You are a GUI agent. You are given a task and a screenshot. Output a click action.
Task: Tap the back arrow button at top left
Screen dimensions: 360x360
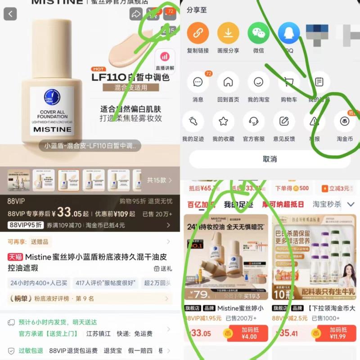[x=10, y=14]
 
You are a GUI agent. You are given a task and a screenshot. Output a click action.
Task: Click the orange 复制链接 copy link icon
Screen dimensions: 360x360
[x=198, y=33]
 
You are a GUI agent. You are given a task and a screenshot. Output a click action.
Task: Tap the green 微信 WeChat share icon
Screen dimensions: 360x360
[x=258, y=33]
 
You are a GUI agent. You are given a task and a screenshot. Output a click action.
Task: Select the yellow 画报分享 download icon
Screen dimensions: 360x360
[x=228, y=33]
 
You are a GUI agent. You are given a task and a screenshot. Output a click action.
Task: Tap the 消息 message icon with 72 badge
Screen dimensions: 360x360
[x=198, y=82]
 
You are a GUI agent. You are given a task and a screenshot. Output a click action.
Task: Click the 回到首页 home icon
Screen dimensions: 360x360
[x=228, y=82]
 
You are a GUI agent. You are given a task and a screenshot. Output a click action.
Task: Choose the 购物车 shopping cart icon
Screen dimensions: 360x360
[x=288, y=82]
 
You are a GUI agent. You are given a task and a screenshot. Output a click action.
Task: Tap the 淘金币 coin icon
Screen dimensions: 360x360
[x=345, y=121]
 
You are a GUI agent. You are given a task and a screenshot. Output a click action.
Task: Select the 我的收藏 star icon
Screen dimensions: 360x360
[x=223, y=121]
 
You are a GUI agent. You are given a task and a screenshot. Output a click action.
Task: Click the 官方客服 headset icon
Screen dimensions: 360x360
[x=254, y=121]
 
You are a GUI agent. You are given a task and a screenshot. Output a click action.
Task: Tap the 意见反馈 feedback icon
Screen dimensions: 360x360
[x=284, y=121]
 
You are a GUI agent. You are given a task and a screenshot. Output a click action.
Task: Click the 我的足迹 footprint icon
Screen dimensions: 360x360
[x=193, y=121]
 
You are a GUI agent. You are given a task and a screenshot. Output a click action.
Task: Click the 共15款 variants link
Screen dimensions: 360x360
[x=159, y=180]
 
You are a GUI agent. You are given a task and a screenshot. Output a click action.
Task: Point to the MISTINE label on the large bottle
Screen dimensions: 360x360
[x=52, y=129]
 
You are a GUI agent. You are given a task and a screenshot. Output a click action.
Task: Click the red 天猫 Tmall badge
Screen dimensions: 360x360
[x=15, y=257]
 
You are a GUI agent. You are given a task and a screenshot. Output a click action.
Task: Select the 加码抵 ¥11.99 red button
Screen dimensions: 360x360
[x=338, y=333]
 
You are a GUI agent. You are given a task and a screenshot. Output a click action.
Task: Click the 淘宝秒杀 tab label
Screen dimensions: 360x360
[x=327, y=204]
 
